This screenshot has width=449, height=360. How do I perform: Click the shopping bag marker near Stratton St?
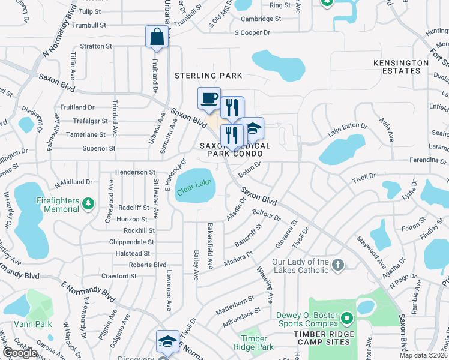coord(157,37)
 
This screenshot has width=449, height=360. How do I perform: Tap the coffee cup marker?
coord(209,98)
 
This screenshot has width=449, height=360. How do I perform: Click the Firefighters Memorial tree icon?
coord(88,204)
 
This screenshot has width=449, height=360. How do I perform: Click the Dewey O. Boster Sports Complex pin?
coord(346,317)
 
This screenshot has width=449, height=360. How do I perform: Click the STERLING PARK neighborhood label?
coord(208,76)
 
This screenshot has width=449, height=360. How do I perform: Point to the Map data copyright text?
coord(423,355)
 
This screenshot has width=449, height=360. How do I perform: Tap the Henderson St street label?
coord(136,172)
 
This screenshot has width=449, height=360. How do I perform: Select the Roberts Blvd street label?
coord(148,265)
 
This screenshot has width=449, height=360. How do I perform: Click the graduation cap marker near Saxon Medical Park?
coord(252,128)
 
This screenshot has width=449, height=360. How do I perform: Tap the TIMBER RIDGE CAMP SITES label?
coord(323,342)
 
